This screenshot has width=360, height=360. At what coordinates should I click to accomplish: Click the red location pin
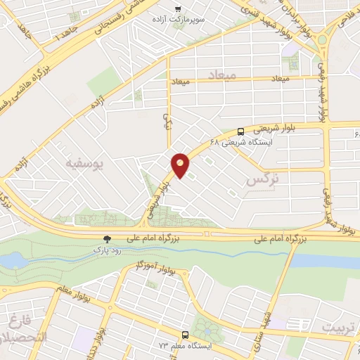[x=181, y=165]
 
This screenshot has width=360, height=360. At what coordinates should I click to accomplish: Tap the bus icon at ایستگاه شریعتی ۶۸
[x=241, y=131]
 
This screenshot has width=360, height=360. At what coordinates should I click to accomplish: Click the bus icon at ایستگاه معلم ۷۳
[x=185, y=335]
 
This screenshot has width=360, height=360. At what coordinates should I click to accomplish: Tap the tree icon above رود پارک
[x=107, y=239]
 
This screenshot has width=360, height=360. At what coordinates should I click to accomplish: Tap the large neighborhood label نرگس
[x=264, y=180]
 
